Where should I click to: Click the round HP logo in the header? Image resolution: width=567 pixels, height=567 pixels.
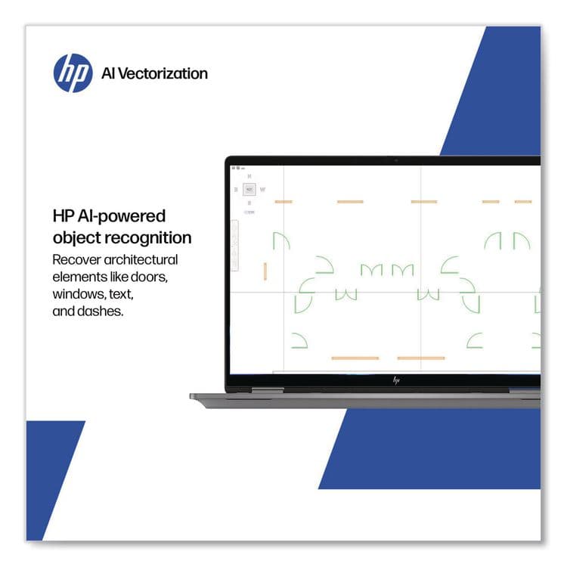pos(73,73)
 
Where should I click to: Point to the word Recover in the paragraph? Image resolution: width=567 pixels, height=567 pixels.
pos(76,259)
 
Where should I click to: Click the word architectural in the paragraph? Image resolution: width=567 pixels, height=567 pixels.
pos(144,259)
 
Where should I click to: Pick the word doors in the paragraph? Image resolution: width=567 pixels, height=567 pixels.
pos(160,276)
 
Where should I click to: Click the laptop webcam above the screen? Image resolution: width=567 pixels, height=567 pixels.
pos(395,160)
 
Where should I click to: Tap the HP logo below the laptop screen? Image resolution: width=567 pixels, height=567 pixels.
pos(395,380)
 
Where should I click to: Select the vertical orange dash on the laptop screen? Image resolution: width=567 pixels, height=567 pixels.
pos(265,271)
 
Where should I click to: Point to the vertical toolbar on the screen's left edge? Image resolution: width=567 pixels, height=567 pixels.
pos(234,243)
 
